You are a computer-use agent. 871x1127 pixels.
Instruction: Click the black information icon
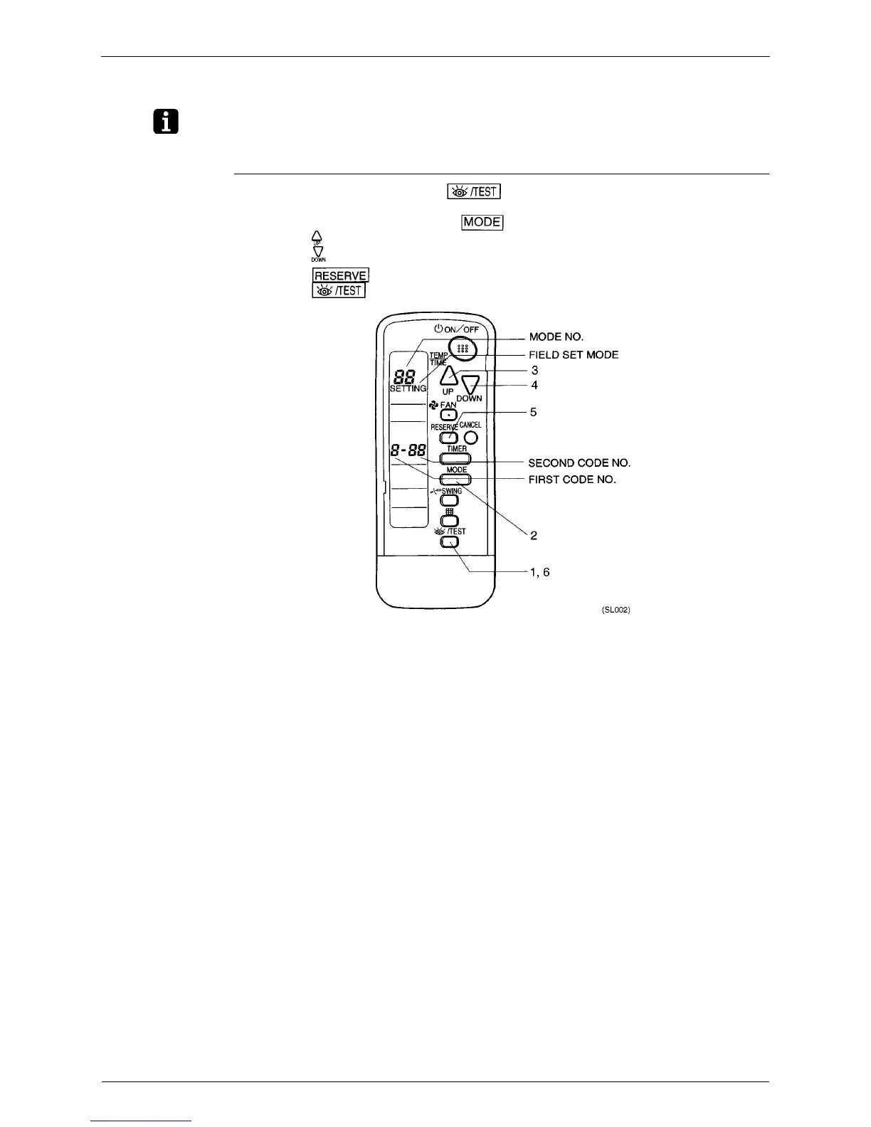pyautogui.click(x=165, y=123)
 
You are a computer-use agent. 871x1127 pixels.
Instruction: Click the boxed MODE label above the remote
pyautogui.click(x=482, y=222)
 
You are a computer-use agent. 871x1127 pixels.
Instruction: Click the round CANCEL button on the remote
pyautogui.click(x=470, y=437)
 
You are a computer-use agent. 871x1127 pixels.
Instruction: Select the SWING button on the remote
pyautogui.click(x=450, y=502)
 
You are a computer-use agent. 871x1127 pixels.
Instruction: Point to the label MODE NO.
pyautogui.click(x=556, y=337)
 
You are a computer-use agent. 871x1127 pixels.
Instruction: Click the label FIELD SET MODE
pyautogui.click(x=574, y=354)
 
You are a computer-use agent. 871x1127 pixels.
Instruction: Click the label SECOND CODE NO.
pyautogui.click(x=579, y=463)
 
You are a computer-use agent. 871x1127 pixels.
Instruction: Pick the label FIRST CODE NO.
pyautogui.click(x=572, y=480)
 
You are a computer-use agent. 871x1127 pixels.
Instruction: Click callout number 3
pyautogui.click(x=534, y=371)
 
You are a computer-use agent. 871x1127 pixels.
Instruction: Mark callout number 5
pyautogui.click(x=533, y=412)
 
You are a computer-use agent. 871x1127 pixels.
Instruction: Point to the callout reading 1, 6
pyautogui.click(x=539, y=573)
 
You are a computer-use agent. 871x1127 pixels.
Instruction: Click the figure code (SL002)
pyautogui.click(x=616, y=610)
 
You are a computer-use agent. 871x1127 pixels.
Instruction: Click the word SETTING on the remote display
pyautogui.click(x=408, y=388)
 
